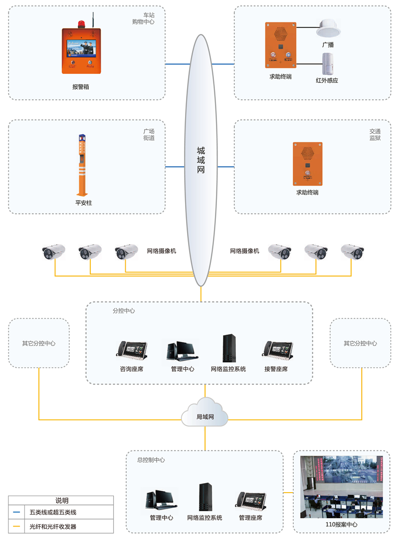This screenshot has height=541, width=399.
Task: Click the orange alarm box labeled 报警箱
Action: point(81,51)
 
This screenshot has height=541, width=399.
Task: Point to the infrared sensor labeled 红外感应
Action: point(327,63)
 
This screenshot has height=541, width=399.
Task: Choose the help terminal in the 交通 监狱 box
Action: point(307,164)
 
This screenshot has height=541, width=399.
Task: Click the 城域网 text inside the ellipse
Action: point(201,160)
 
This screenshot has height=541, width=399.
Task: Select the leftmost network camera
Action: point(54,251)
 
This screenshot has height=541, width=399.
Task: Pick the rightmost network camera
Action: point(352,251)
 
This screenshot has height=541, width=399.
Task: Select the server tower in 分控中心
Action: point(228,348)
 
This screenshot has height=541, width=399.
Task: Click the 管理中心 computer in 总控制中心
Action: point(161,500)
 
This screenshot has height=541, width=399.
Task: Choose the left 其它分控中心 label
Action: point(38,344)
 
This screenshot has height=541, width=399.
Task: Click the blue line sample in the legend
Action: point(17,512)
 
